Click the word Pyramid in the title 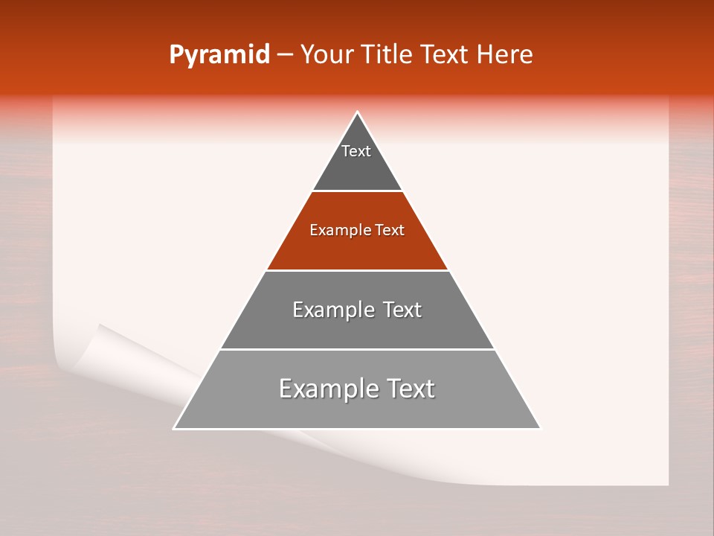point(219,55)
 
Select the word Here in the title point(505,55)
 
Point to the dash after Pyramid point(285,55)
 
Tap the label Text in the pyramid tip point(356,151)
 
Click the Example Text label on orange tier point(357,230)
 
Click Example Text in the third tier point(357,310)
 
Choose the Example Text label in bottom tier point(357,389)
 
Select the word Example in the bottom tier point(324,389)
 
